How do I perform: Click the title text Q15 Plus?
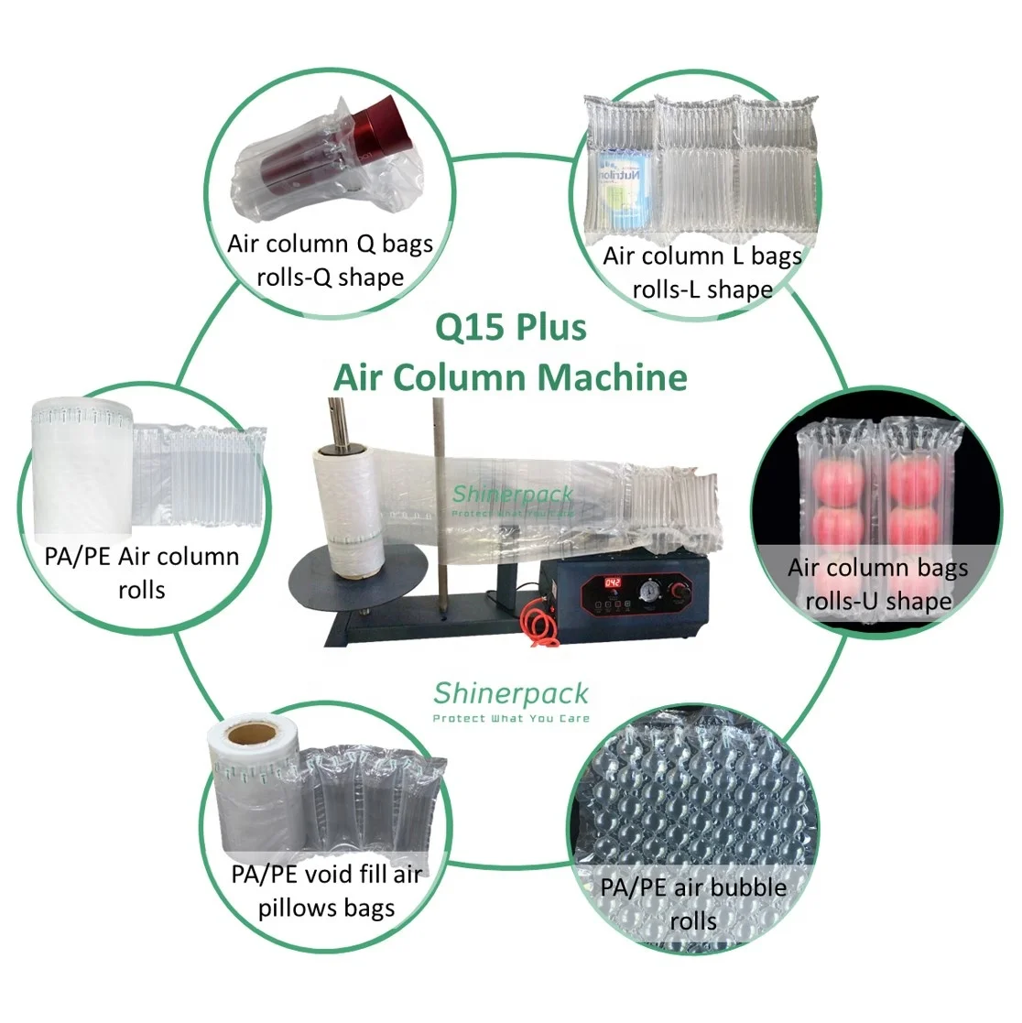point(510,328)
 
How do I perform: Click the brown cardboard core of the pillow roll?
point(248,735)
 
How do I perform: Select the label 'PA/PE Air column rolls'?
point(142,572)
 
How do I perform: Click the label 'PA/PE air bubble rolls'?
point(693,904)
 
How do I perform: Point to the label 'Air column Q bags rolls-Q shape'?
point(330,260)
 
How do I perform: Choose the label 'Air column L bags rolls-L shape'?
point(702,272)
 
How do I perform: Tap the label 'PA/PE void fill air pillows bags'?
point(326,891)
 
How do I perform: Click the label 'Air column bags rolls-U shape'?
point(877,584)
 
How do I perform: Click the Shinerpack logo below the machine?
point(511,693)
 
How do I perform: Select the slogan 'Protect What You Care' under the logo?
point(511,719)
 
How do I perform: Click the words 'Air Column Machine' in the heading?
point(510,377)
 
